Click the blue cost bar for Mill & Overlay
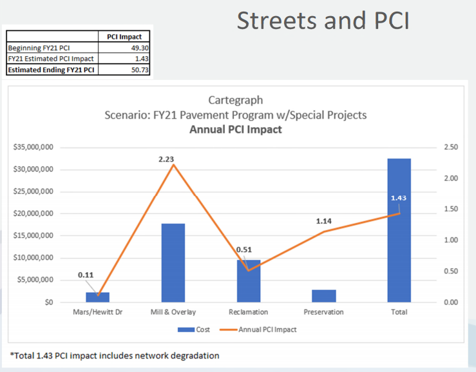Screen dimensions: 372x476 (173, 262)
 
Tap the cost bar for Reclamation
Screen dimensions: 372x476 (248, 281)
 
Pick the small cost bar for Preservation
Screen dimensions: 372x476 (323, 295)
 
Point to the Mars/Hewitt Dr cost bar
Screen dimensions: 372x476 (97, 297)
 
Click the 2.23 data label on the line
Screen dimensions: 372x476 (167, 159)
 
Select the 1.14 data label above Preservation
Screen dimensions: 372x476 (323, 221)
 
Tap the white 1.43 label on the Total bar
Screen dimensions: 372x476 (399, 198)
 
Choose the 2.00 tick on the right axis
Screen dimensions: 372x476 (450, 179)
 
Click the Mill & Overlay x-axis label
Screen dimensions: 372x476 (173, 312)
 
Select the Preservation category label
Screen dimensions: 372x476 (323, 312)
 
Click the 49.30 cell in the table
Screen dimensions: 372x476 (140, 48)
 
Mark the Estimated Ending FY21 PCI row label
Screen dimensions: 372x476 (51, 70)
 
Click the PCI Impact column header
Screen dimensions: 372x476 (124, 37)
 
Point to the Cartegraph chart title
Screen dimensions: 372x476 (235, 100)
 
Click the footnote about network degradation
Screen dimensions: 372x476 (115, 355)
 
